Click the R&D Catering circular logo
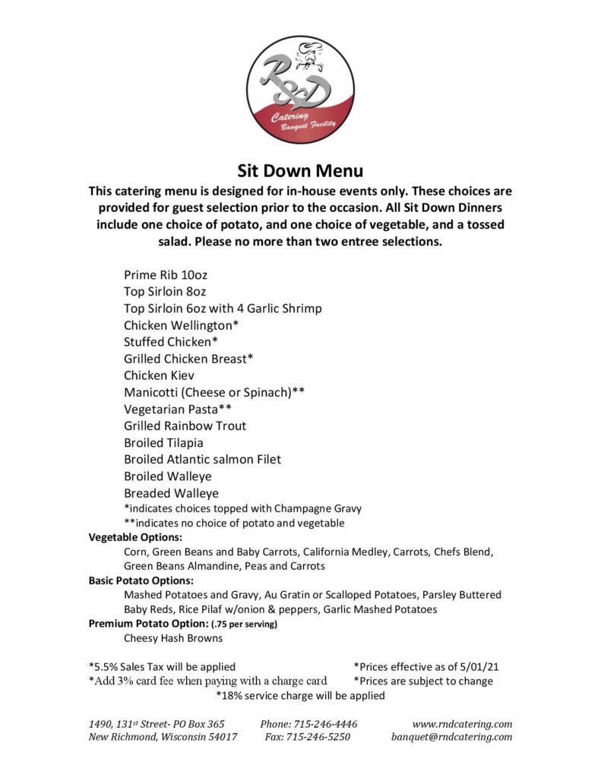point(300,90)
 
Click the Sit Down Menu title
point(300,171)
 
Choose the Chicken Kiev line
point(160,375)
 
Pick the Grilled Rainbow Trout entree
point(185,425)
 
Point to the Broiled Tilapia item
point(163,442)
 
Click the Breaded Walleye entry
point(171,493)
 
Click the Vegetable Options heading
point(135,537)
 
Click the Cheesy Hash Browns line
point(173,638)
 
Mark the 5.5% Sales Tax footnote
point(162,666)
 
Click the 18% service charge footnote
point(300,695)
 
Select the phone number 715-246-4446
point(308,724)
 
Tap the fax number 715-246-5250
point(308,737)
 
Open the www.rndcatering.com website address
point(462,724)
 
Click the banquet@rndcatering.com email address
point(452,737)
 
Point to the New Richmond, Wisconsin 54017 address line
point(163,737)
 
